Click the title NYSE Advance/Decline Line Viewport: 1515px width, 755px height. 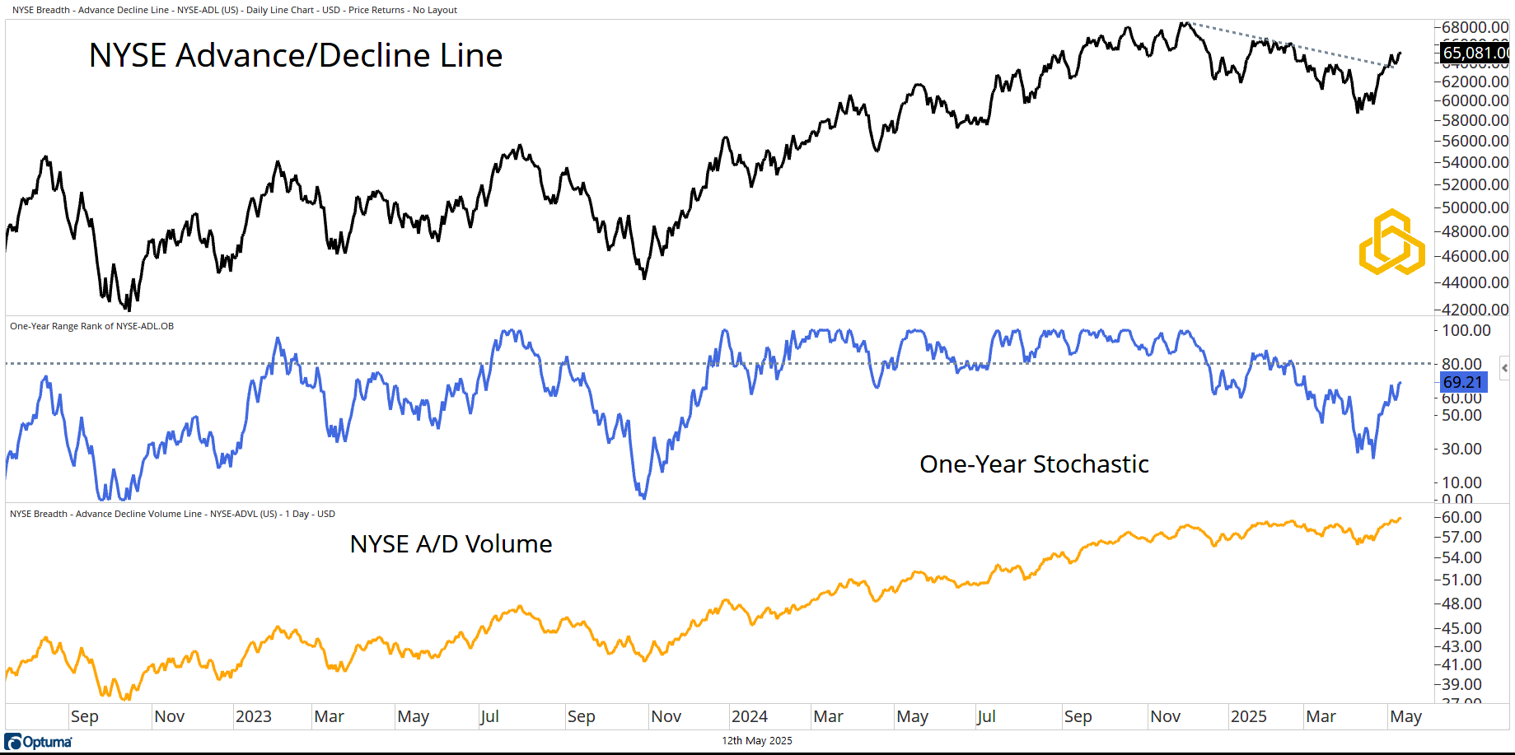pyautogui.click(x=295, y=56)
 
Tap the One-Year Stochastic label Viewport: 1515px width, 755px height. pyautogui.click(x=1034, y=464)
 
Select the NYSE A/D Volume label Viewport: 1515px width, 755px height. pyautogui.click(x=451, y=544)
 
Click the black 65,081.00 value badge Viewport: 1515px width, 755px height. pyautogui.click(x=1475, y=54)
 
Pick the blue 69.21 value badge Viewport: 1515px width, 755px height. pyautogui.click(x=1463, y=382)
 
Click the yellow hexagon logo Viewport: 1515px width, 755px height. pyautogui.click(x=1391, y=243)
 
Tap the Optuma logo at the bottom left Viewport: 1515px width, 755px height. pyautogui.click(x=39, y=742)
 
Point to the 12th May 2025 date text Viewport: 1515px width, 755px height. pyautogui.click(x=757, y=741)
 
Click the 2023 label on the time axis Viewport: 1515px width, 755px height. pyautogui.click(x=254, y=716)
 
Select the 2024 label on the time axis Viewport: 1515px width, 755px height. pyautogui.click(x=750, y=716)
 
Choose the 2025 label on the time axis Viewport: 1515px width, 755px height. pyautogui.click(x=1248, y=716)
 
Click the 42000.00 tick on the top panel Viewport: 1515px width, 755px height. pyautogui.click(x=1475, y=310)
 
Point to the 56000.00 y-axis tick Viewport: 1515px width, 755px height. pyautogui.click(x=1475, y=141)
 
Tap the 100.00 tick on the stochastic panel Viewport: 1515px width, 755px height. pyautogui.click(x=1466, y=330)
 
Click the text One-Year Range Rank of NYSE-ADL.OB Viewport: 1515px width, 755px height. pyautogui.click(x=91, y=326)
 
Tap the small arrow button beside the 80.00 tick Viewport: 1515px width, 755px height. pyautogui.click(x=1504, y=367)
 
